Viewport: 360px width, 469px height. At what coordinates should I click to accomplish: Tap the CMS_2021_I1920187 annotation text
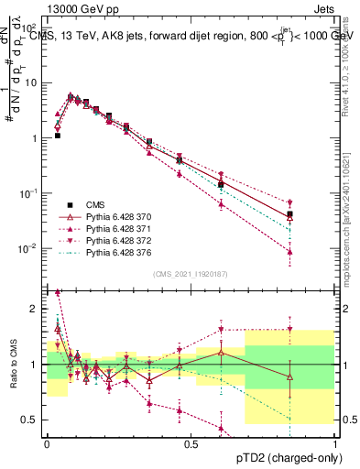(190, 274)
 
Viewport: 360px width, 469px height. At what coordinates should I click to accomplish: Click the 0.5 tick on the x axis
(191, 443)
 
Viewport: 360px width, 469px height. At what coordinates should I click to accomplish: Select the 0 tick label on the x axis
(47, 443)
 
